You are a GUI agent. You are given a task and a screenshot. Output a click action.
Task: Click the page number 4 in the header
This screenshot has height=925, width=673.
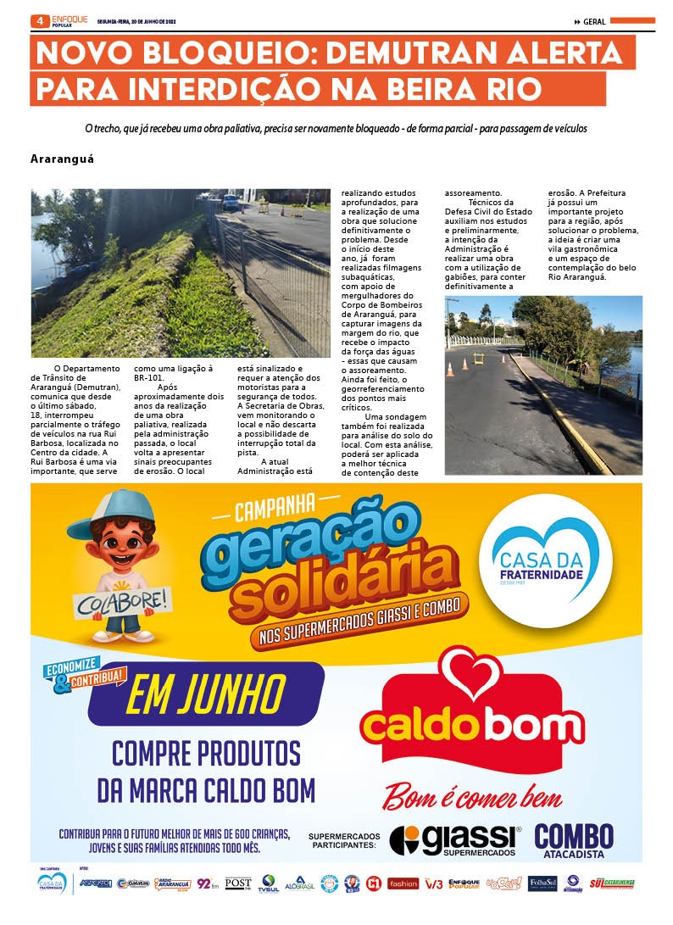pyautogui.click(x=39, y=20)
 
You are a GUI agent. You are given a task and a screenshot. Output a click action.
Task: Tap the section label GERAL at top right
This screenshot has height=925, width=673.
pyautogui.click(x=594, y=22)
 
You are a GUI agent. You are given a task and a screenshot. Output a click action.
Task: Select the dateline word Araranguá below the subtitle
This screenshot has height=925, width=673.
pyautogui.click(x=62, y=159)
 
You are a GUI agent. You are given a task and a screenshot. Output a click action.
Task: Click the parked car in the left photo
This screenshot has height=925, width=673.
pyautogui.click(x=231, y=202)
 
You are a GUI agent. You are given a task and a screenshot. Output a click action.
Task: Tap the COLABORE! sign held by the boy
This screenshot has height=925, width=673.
pyautogui.click(x=110, y=605)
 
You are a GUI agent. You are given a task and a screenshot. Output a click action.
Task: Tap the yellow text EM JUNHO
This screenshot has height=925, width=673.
pyautogui.click(x=205, y=697)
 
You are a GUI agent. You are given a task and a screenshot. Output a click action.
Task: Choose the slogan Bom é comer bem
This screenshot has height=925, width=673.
pyautogui.click(x=472, y=797)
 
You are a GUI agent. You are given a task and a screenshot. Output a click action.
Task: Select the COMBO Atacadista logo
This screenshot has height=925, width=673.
pyautogui.click(x=574, y=839)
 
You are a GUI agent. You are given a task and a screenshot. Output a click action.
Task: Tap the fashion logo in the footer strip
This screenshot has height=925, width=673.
pyautogui.click(x=403, y=883)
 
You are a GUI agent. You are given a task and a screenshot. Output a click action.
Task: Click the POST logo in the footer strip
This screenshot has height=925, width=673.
pyautogui.click(x=237, y=883)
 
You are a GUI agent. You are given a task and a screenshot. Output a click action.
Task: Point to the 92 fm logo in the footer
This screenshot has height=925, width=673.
pyautogui.click(x=207, y=883)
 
